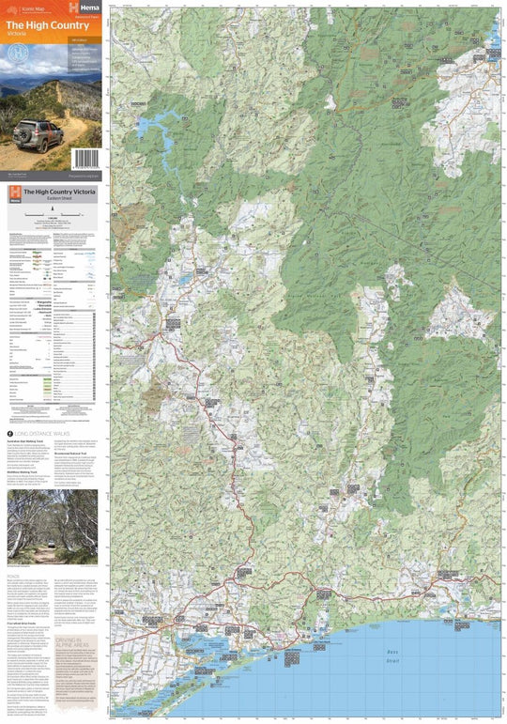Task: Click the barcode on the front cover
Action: coord(85,159)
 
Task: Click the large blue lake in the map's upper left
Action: coord(157,131)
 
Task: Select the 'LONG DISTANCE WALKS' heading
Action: coord(42,433)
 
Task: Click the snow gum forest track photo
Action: coord(52,526)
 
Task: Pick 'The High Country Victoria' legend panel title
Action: coord(58,192)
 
